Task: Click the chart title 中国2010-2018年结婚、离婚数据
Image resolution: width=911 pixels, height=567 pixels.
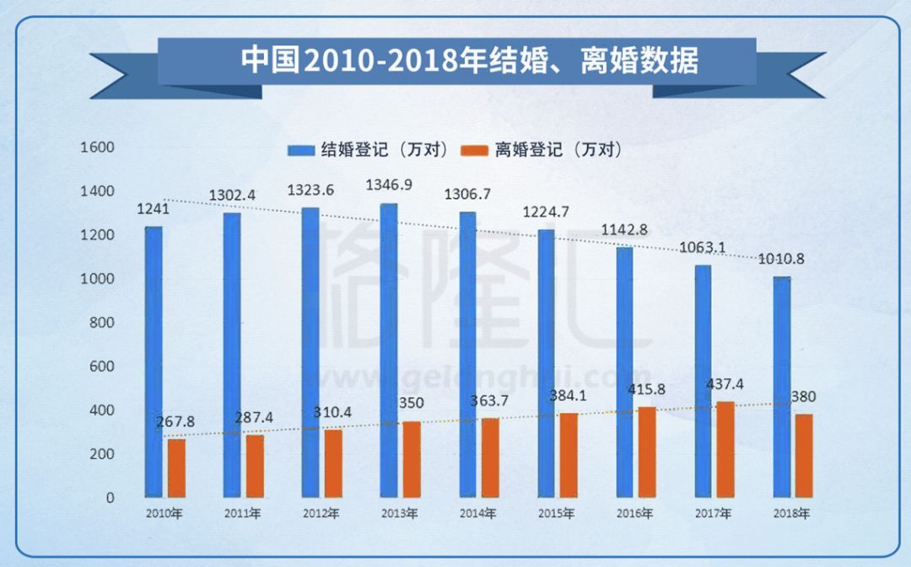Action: pyautogui.click(x=469, y=61)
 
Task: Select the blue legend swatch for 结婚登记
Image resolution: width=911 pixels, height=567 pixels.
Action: pyautogui.click(x=301, y=150)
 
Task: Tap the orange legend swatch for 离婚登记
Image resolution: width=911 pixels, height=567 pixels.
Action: pyautogui.click(x=476, y=150)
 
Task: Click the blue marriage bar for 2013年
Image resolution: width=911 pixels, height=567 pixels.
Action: pyautogui.click(x=388, y=350)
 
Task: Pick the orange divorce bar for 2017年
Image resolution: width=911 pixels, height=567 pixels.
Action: pyautogui.click(x=725, y=449)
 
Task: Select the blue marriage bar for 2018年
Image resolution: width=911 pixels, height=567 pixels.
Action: pyautogui.click(x=782, y=387)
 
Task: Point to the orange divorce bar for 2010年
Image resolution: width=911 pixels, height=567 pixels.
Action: pyautogui.click(x=176, y=468)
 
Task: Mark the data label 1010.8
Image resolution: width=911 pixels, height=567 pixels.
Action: pyautogui.click(x=780, y=259)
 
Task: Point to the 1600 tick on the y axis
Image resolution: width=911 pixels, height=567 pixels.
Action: pyautogui.click(x=97, y=147)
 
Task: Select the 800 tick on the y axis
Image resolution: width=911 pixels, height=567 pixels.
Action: pyautogui.click(x=100, y=323)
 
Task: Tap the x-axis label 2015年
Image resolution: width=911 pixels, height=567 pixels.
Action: pyautogui.click(x=557, y=514)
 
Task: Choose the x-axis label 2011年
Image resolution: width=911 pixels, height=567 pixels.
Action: pyautogui.click(x=243, y=514)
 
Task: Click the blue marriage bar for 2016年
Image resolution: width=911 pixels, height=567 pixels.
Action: pyautogui.click(x=624, y=372)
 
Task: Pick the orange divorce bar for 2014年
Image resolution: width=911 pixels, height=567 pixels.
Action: pyautogui.click(x=490, y=457)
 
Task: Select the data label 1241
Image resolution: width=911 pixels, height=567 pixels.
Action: pyautogui.click(x=153, y=210)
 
